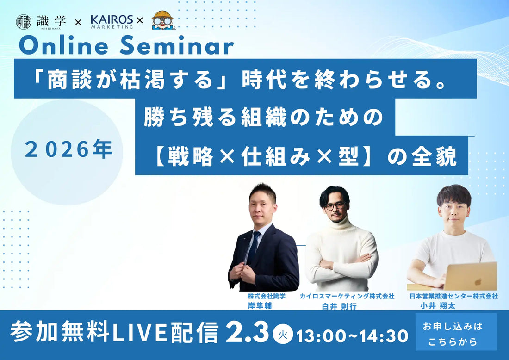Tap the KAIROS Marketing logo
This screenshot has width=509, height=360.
pos(111,21)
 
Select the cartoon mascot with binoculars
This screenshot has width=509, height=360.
pos(162,20)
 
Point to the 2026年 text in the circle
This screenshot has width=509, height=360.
pos(69,151)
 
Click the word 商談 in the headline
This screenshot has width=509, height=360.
pos(65,82)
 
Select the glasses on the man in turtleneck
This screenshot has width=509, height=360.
pos(335,205)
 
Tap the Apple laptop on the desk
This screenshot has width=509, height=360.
pos(471,277)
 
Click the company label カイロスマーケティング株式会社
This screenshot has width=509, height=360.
pos(347,296)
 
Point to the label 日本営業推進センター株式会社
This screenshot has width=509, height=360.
pos(453,296)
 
